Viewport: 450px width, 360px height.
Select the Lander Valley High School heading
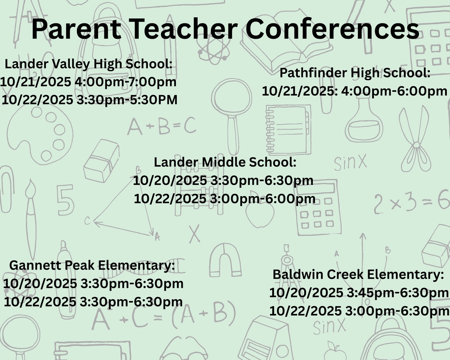[x=89, y=64]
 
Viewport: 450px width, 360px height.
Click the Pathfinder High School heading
[x=355, y=73]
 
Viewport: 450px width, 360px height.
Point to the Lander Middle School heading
[x=225, y=162]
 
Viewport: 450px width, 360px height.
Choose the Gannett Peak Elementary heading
[x=92, y=265]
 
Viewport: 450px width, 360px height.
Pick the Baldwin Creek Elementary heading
[x=358, y=274]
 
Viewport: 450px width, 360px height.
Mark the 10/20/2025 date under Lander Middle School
[x=170, y=181]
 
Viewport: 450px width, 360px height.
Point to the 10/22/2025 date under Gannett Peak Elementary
[x=40, y=301]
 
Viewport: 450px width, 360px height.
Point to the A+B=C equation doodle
[x=162, y=126]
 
